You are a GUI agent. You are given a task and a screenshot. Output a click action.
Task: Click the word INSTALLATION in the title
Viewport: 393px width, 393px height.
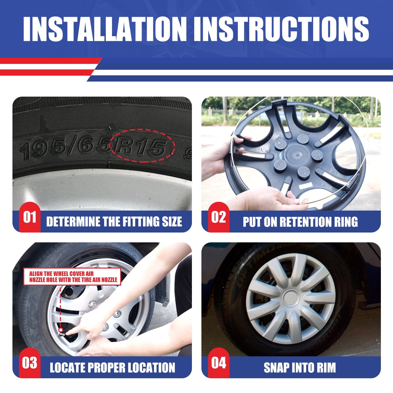(105, 29)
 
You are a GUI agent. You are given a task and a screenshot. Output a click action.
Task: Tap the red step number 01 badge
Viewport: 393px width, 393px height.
(30, 217)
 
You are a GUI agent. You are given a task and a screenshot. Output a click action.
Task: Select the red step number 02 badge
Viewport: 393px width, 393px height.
(219, 217)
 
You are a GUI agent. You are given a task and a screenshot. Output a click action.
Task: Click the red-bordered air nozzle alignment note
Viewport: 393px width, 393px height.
(72, 276)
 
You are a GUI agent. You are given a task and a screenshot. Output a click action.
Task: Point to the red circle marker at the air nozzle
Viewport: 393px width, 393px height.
(60, 335)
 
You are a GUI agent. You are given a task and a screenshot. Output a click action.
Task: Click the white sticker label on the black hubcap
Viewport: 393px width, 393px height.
(305, 185)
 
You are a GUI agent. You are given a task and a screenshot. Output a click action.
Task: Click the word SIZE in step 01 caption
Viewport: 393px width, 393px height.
(172, 222)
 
